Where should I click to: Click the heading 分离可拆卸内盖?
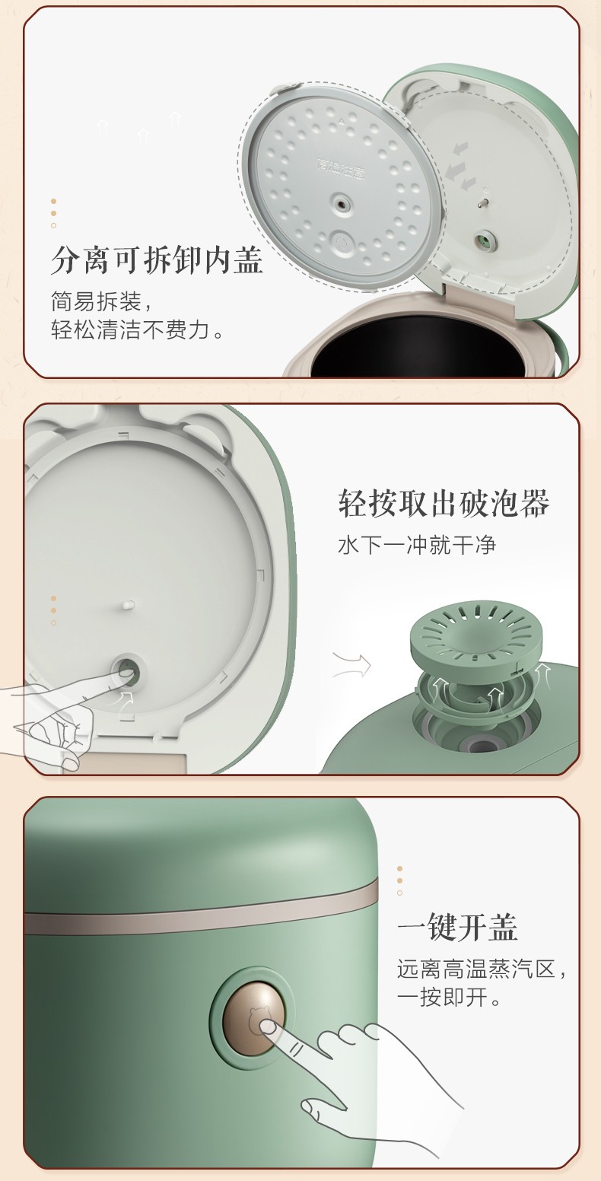click(157, 260)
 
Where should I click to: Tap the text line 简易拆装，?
click(102, 301)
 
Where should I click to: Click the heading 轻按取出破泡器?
click(444, 503)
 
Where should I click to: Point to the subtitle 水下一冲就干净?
click(416, 545)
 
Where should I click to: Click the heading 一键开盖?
click(457, 927)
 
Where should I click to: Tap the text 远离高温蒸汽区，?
click(482, 969)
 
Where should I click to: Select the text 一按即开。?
click(449, 997)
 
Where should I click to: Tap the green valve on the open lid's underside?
click(482, 241)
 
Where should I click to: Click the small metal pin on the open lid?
click(481, 203)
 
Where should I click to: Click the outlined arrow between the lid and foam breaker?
click(352, 665)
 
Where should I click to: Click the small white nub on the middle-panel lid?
click(128, 605)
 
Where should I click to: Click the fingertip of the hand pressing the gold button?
click(268, 1027)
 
